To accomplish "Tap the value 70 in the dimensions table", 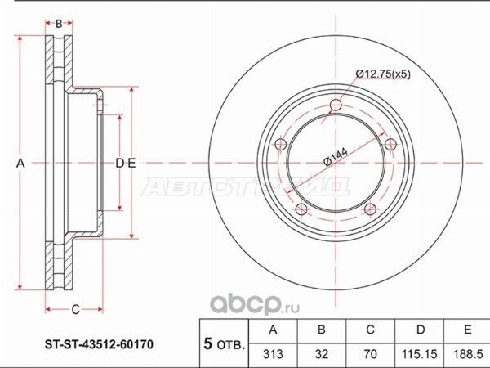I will [x=370, y=355].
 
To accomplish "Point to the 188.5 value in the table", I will [x=466, y=355].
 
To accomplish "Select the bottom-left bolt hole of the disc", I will [x=303, y=209].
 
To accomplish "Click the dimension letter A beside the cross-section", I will [x=22, y=164].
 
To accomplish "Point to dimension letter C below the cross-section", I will [x=74, y=308].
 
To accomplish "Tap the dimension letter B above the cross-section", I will [x=58, y=22].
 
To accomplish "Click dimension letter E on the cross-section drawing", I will [x=131, y=164].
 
